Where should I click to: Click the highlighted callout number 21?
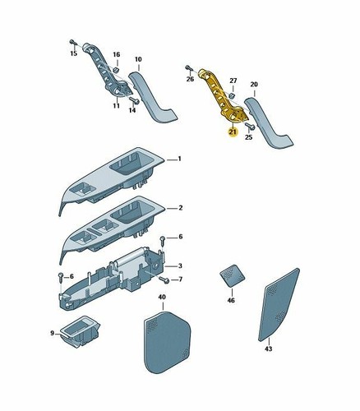click(x=233, y=132)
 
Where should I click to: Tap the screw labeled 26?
click(x=188, y=67)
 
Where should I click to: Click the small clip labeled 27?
click(x=232, y=96)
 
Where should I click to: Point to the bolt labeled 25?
click(x=250, y=127)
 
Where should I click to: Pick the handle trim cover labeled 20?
click(x=269, y=122)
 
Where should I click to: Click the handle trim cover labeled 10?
click(x=153, y=96)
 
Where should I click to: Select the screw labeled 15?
click(x=72, y=42)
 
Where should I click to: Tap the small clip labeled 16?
click(x=116, y=69)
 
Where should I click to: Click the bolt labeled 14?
click(x=134, y=100)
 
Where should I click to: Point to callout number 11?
click(x=117, y=105)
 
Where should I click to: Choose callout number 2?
click(x=180, y=208)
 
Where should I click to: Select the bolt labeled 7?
click(x=164, y=279)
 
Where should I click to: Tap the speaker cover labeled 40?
click(x=167, y=342)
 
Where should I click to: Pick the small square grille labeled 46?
click(x=233, y=276)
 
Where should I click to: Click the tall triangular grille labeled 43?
click(x=279, y=305)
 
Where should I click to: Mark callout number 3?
click(x=180, y=266)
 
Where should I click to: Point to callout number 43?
click(x=269, y=349)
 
